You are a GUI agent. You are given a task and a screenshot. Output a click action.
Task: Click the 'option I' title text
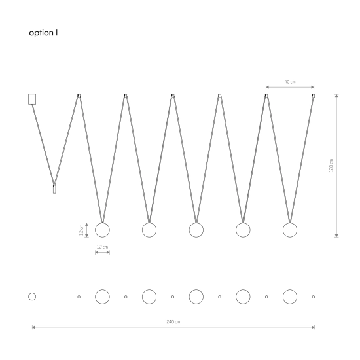[43, 33]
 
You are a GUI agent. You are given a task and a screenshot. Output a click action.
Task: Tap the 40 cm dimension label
[290, 82]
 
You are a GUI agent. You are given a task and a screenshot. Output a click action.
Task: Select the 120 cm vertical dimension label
[331, 166]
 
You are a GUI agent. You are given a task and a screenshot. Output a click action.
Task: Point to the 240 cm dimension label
[173, 321]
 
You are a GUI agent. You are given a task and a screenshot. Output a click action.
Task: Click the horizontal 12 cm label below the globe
[102, 247]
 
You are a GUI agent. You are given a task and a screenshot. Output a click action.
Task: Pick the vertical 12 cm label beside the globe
[81, 230]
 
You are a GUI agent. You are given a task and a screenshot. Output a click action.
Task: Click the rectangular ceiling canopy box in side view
[32, 99]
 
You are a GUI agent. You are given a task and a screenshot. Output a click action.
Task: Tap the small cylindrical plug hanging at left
[54, 189]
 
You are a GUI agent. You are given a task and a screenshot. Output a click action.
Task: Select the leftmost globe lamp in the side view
[102, 230]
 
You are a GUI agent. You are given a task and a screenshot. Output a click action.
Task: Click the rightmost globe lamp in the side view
[290, 230]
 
